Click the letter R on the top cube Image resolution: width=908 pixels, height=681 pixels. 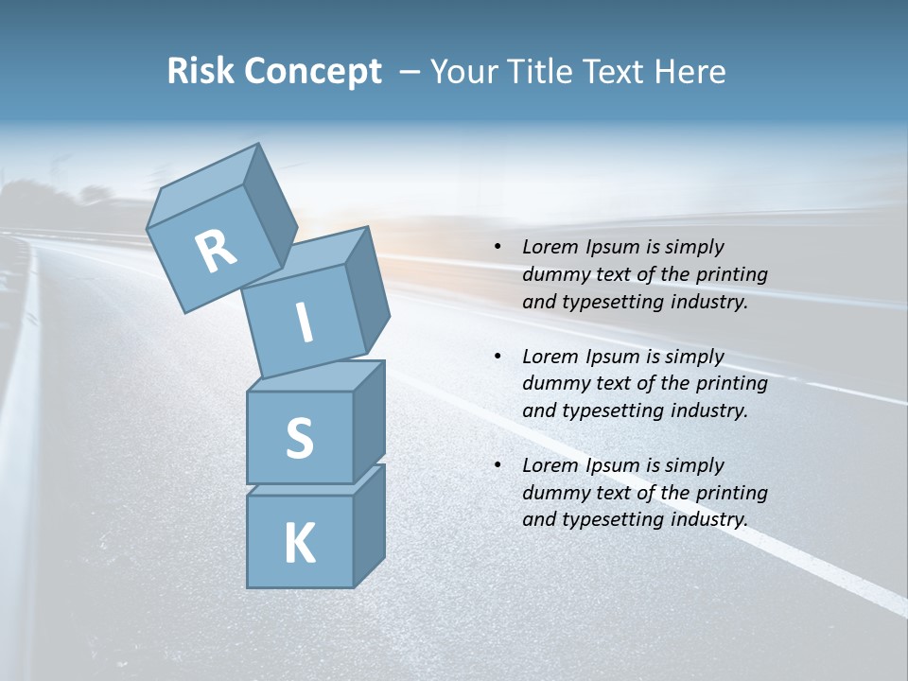pos(217,252)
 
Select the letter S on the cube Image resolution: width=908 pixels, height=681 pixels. pos(299,438)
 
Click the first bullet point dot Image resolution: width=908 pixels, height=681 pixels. pos(498,248)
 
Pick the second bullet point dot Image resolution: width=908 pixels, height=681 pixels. pos(498,357)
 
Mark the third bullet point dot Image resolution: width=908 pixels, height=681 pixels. pos(498,465)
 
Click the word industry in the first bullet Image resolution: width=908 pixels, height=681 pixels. pos(708,303)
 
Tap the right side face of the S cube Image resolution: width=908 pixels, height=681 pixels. pos(369,420)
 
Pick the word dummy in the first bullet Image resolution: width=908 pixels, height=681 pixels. pos(554,275)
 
